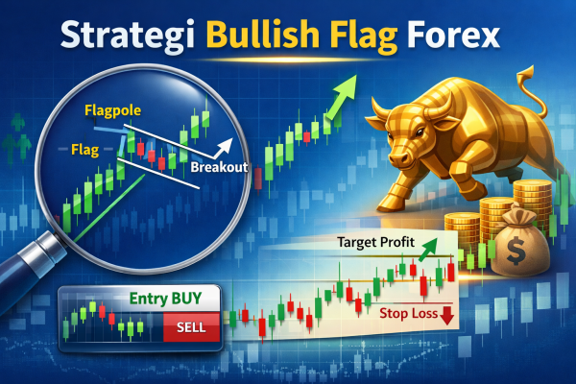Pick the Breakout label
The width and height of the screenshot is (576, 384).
tap(220, 167)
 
